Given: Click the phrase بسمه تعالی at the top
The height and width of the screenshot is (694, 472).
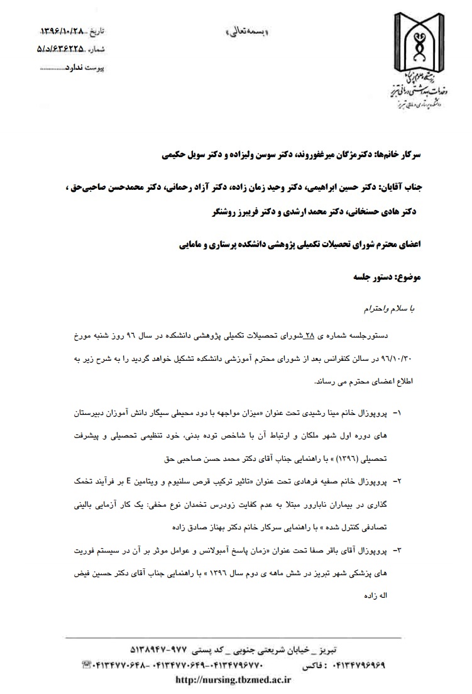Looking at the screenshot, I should point(247,31).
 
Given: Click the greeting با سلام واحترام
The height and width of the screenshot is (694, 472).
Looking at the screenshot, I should point(390,309).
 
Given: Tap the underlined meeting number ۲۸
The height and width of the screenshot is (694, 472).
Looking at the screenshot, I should point(309,337).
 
